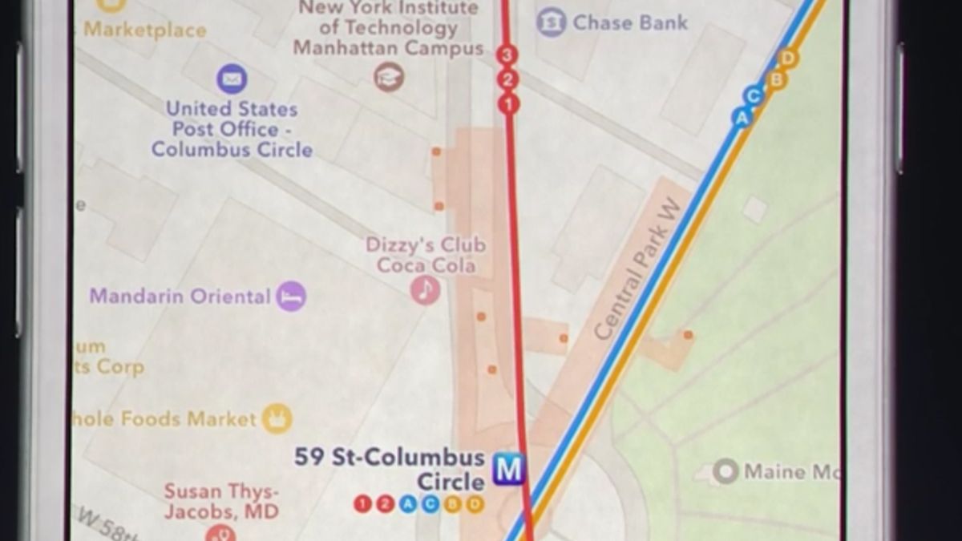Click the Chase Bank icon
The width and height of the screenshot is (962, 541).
[551, 22]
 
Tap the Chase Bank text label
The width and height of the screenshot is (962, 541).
[630, 22]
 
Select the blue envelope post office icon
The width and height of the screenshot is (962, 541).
[232, 79]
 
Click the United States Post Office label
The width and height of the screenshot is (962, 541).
[232, 129]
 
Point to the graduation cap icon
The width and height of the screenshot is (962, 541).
[390, 77]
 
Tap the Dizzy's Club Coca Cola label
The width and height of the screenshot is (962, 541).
[426, 255]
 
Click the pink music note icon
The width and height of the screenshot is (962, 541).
[426, 289]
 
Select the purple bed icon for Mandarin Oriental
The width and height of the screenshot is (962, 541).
[291, 297]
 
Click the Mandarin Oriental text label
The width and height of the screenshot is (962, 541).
[180, 297]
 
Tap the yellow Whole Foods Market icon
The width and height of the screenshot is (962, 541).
[277, 418]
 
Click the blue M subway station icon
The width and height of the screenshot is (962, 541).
[508, 469]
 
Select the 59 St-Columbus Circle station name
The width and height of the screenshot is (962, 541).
[390, 469]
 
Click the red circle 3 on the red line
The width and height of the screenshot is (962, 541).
[507, 55]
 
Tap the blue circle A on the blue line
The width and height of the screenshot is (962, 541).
[742, 118]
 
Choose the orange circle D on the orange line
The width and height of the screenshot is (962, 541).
[788, 58]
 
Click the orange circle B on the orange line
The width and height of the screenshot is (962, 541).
[775, 79]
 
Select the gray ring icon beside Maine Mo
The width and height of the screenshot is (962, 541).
[726, 471]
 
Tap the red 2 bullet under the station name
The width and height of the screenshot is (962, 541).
[386, 504]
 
